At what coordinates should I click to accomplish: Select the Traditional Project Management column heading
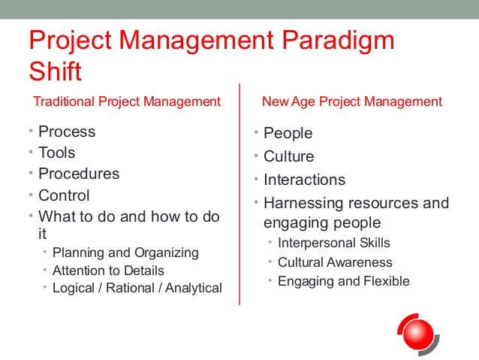(x=127, y=101)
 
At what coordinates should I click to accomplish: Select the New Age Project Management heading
(x=351, y=101)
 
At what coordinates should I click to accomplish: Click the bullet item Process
(x=67, y=132)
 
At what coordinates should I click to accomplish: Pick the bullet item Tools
(x=57, y=153)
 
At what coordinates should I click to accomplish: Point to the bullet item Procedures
(x=79, y=174)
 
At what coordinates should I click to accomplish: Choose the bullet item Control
(x=64, y=195)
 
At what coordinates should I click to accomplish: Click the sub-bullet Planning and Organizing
(x=125, y=253)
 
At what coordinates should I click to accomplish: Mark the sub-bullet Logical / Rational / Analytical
(x=137, y=288)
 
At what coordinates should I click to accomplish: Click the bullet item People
(x=288, y=133)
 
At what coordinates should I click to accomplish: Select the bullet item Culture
(x=289, y=156)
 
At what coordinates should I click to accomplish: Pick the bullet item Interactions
(x=304, y=180)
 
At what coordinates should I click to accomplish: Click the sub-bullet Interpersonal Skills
(x=334, y=243)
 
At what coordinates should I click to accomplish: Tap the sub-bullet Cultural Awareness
(x=335, y=262)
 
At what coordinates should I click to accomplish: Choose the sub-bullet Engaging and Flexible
(x=344, y=281)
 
